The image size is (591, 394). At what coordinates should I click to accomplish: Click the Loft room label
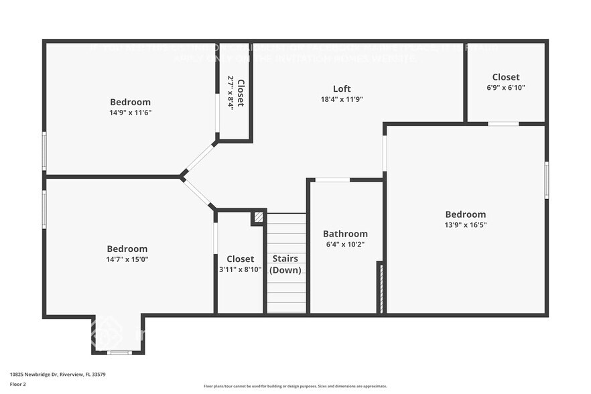tap(342, 88)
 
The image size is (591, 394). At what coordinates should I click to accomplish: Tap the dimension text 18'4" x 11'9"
tap(342, 99)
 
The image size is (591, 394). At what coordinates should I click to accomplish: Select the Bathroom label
tap(345, 234)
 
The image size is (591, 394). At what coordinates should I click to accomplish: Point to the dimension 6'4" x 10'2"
tap(345, 245)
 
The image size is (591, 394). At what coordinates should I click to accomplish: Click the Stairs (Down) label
tap(285, 264)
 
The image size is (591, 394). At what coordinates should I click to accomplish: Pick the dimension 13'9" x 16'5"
tap(466, 225)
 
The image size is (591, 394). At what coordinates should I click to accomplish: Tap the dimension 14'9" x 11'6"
tap(131, 113)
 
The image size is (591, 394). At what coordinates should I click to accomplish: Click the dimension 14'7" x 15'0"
tap(127, 259)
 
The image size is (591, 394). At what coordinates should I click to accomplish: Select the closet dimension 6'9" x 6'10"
tap(506, 88)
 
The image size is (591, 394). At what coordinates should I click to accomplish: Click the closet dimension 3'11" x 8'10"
tap(240, 269)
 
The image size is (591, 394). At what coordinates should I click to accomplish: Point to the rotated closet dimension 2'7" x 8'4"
tap(231, 93)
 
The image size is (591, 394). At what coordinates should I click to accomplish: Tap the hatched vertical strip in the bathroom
tap(381, 288)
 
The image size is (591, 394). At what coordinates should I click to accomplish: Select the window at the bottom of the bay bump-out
tap(119, 352)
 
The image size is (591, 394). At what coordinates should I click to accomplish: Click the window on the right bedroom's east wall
tap(547, 180)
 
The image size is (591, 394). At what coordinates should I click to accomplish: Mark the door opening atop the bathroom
tap(332, 180)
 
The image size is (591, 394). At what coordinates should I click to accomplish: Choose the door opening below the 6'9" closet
tap(503, 123)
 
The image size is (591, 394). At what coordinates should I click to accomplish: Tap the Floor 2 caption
tap(18, 385)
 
